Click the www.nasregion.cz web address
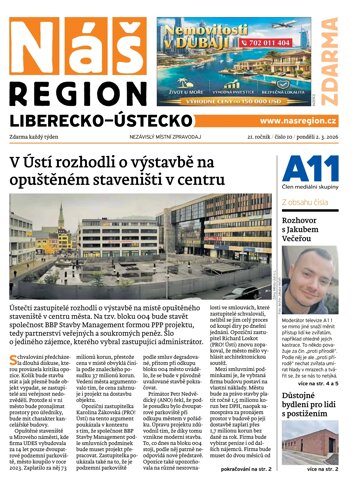point(301,121)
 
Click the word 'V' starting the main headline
point(16,162)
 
